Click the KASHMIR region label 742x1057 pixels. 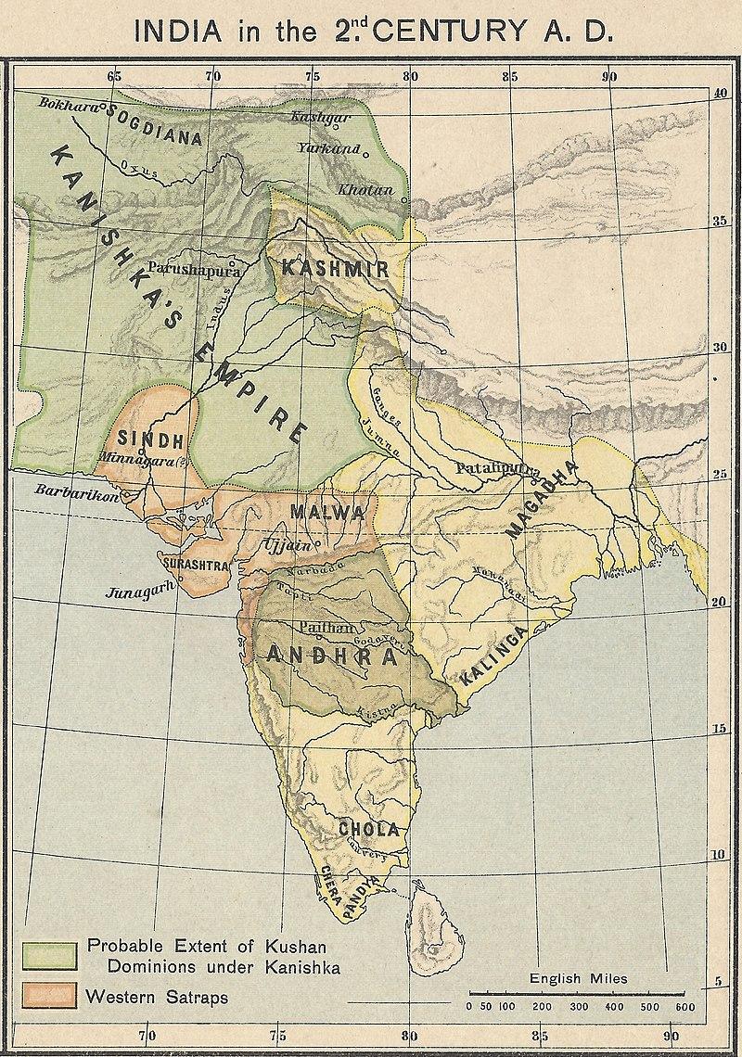pos(334,269)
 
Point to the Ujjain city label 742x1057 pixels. pos(285,544)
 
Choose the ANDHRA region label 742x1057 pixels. pos(331,656)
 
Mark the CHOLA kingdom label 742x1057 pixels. pos(368,828)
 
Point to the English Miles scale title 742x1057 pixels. pos(578,978)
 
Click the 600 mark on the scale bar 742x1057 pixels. pos(684,1007)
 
